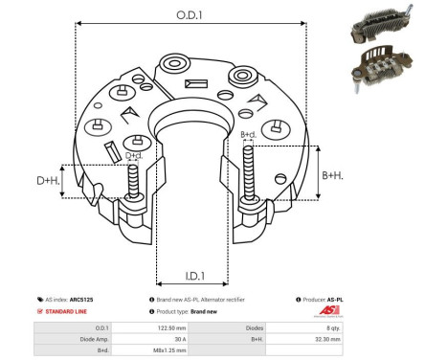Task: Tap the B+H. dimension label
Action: pos(332,174)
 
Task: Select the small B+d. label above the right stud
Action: pos(247,135)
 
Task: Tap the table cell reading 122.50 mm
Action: pos(171,327)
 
